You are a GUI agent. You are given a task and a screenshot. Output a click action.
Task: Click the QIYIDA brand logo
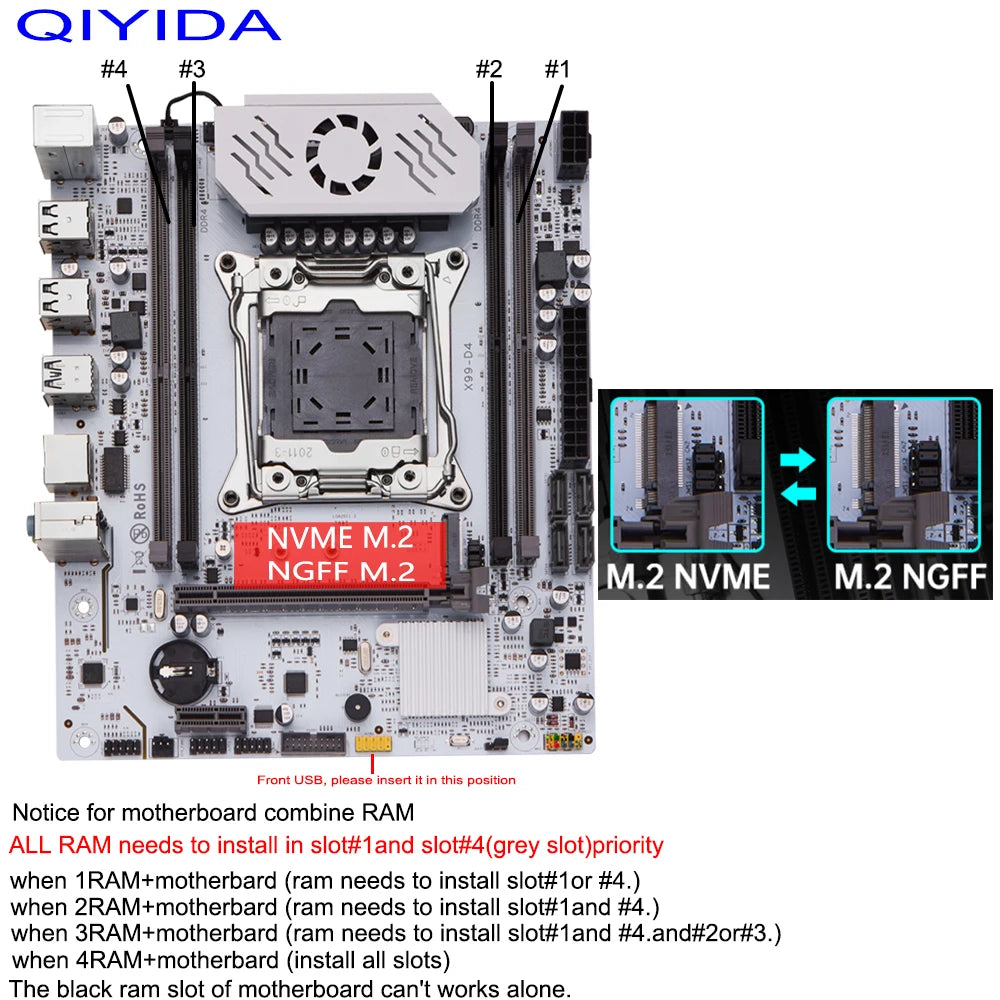[148, 25]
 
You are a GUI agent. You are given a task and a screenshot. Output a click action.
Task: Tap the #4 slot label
[114, 70]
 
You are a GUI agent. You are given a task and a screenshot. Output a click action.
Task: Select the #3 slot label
[191, 70]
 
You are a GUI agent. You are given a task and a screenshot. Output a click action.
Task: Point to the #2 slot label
[488, 70]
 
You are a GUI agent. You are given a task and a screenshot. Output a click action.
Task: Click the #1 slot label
[556, 70]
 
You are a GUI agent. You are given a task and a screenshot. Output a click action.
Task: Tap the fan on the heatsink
[351, 150]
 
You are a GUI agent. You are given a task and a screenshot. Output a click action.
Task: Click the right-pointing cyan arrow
[797, 458]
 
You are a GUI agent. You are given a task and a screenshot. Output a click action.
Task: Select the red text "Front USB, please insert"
[386, 780]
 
